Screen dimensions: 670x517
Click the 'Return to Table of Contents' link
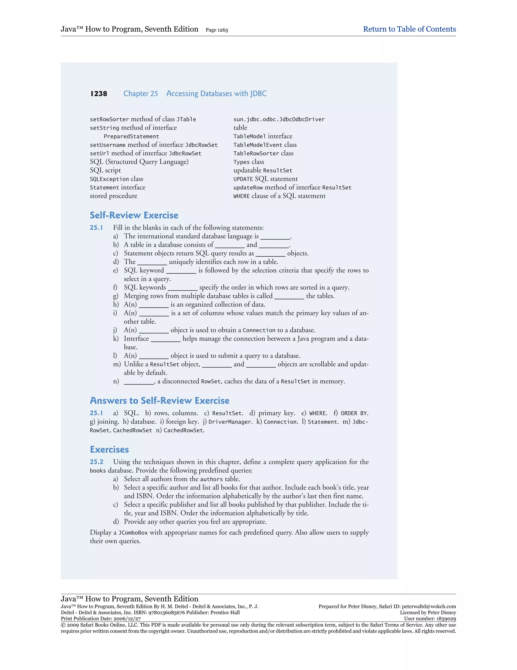409,29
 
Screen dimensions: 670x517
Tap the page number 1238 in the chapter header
99,94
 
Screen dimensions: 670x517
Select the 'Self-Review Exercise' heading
134,215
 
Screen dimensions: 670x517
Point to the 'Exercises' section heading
109,450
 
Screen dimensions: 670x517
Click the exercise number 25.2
96,462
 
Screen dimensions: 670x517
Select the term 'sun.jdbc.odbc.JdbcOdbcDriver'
279,119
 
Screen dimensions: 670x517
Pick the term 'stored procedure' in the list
113,196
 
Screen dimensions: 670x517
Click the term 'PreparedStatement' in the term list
131,137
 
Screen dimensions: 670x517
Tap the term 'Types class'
248,162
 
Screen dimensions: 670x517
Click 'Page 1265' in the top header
217,30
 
